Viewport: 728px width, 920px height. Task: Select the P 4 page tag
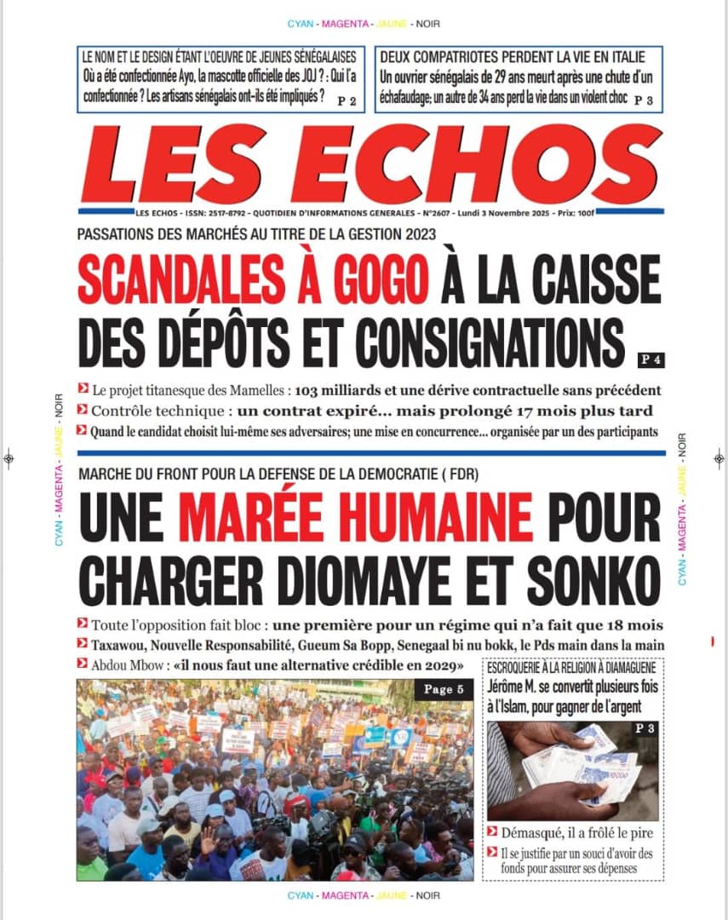click(651, 359)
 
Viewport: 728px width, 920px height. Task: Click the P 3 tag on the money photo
click(643, 729)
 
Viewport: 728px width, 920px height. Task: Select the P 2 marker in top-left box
click(347, 101)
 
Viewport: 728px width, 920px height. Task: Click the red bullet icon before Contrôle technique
click(82, 411)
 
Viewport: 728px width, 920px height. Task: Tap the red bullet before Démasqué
click(492, 831)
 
